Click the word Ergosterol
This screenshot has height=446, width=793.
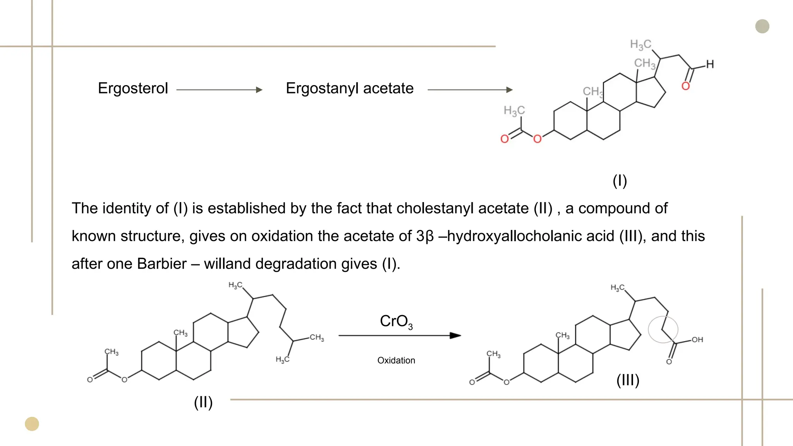click(x=133, y=88)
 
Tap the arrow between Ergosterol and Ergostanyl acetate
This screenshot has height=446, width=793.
click(x=219, y=90)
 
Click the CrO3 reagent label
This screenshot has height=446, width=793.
click(x=396, y=321)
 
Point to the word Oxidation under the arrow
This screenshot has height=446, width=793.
click(x=396, y=360)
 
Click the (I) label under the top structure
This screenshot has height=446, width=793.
click(x=620, y=181)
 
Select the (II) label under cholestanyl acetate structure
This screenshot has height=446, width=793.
click(x=203, y=402)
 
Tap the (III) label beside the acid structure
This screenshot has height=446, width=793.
click(x=628, y=380)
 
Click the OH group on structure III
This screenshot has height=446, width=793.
click(x=697, y=340)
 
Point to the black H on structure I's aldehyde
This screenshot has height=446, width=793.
click(x=710, y=64)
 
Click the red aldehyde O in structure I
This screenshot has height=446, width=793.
click(x=685, y=86)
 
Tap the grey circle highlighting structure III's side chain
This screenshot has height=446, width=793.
click(x=663, y=329)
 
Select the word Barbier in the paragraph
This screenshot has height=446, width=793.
click(x=161, y=264)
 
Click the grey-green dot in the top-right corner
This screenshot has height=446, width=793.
click(x=762, y=26)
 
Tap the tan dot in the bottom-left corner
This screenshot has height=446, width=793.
click(x=32, y=424)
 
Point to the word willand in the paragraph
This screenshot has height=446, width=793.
click(x=228, y=264)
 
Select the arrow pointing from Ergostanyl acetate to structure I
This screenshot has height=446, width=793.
click(x=470, y=90)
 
